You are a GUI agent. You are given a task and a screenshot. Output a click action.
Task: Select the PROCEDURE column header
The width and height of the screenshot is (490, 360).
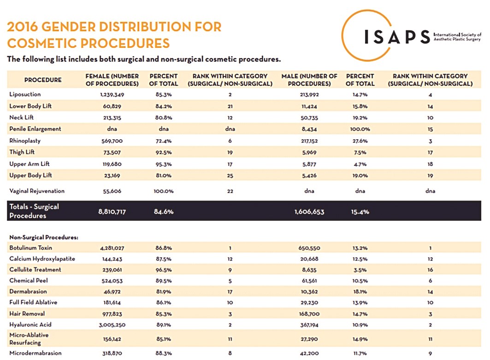pyautogui.click(x=43, y=80)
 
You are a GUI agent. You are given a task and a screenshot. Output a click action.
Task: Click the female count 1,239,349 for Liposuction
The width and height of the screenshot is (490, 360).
pyautogui.click(x=112, y=94)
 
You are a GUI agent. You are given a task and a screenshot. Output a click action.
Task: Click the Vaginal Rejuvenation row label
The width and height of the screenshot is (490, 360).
pyautogui.click(x=37, y=191)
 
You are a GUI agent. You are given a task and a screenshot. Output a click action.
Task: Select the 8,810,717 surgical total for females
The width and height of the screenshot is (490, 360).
pyautogui.click(x=115, y=212)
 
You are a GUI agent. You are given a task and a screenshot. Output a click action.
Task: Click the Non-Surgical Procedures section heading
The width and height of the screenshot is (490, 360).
pyautogui.click(x=44, y=237)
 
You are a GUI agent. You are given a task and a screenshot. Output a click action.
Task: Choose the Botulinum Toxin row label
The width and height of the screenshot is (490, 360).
pyautogui.click(x=31, y=248)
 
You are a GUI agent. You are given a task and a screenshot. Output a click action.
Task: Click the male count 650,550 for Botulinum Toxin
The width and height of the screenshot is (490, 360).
pyautogui.click(x=309, y=248)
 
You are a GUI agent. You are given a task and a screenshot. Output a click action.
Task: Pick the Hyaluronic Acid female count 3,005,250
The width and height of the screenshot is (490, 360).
pyautogui.click(x=112, y=325)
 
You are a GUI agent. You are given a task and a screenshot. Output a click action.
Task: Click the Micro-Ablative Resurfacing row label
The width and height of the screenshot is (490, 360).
pyautogui.click(x=29, y=339)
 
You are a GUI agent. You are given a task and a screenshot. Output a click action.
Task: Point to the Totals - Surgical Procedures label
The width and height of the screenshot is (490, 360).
pyautogui.click(x=34, y=211)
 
